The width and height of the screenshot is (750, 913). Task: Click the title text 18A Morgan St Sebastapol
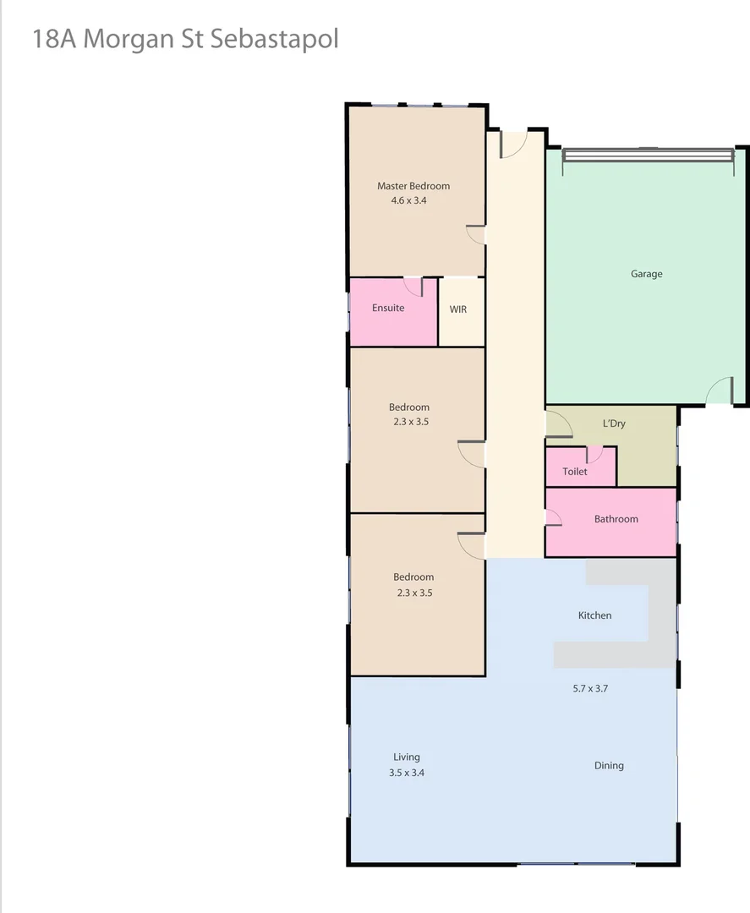point(185,39)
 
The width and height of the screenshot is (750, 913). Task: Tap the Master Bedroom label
point(413,186)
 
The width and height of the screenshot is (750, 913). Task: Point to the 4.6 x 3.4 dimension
point(408,201)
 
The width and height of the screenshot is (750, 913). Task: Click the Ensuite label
point(388,308)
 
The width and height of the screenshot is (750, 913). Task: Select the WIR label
point(458,309)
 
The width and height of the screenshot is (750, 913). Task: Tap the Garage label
point(647,274)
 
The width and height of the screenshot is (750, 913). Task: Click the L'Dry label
point(614,424)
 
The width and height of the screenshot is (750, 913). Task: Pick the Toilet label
point(575,472)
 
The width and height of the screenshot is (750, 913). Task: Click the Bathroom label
point(616,519)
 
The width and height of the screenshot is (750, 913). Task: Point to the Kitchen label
point(594,615)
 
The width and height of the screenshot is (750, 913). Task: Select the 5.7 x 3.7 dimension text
point(590,688)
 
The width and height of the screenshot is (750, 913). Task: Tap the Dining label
point(609,766)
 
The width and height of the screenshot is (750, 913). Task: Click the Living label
point(407,757)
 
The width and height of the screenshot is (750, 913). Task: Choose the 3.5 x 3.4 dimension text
point(407,773)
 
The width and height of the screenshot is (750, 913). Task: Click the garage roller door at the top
point(648,155)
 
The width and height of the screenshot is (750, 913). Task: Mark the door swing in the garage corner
point(720,391)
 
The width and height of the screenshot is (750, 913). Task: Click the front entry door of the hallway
point(513,144)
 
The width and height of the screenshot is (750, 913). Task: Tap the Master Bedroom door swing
point(476,235)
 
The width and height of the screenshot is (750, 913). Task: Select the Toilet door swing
point(594,454)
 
